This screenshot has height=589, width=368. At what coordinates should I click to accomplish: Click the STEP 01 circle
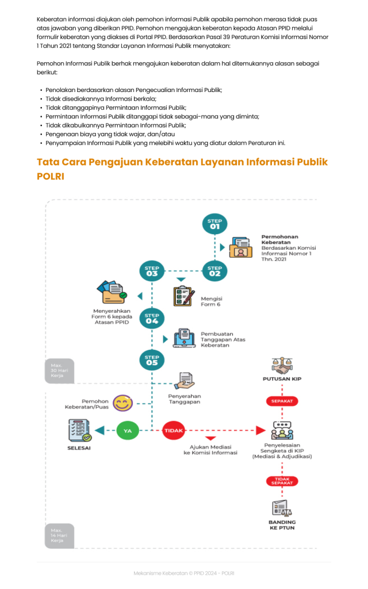pyautogui.click(x=214, y=224)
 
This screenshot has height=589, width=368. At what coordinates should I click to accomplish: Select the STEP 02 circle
pyautogui.click(x=214, y=270)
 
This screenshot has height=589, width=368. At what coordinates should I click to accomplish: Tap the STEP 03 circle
pyautogui.click(x=152, y=270)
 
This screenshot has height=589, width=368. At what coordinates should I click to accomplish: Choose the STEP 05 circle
pyautogui.click(x=152, y=361)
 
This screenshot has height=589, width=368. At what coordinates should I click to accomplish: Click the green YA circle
pyautogui.click(x=128, y=430)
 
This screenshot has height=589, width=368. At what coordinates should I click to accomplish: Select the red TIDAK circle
pyautogui.click(x=174, y=430)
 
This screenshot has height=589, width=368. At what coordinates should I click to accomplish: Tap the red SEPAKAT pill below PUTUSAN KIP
pyautogui.click(x=282, y=401)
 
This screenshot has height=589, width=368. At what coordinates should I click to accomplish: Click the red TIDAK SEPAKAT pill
pyautogui.click(x=282, y=481)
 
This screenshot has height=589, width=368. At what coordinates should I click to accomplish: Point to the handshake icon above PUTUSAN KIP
pyautogui.click(x=282, y=365)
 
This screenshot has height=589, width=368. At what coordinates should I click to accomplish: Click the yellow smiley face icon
pyautogui.click(x=122, y=403)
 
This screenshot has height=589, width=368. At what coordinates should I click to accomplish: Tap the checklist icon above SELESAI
pyautogui.click(x=79, y=431)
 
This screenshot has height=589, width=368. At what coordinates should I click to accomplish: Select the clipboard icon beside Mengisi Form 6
pyautogui.click(x=183, y=296)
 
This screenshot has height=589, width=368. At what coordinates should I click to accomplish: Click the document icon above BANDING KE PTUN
pyautogui.click(x=282, y=508)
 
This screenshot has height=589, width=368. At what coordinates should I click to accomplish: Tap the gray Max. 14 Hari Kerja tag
pyautogui.click(x=59, y=536)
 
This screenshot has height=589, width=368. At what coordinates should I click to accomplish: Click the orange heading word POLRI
pyautogui.click(x=51, y=177)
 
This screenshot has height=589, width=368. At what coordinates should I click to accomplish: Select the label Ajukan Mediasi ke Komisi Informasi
pyautogui.click(x=210, y=449)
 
